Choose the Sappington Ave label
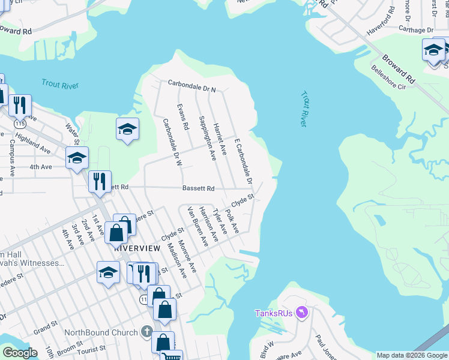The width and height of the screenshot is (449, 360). pos(207,138)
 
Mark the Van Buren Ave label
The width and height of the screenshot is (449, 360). pos(197,227)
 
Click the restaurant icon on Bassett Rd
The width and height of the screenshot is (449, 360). pos(100,181)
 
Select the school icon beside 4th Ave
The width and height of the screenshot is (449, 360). pos(77,158)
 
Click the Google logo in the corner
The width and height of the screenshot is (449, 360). pos(20,353)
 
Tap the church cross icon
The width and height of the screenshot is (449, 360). pos(146,332)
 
